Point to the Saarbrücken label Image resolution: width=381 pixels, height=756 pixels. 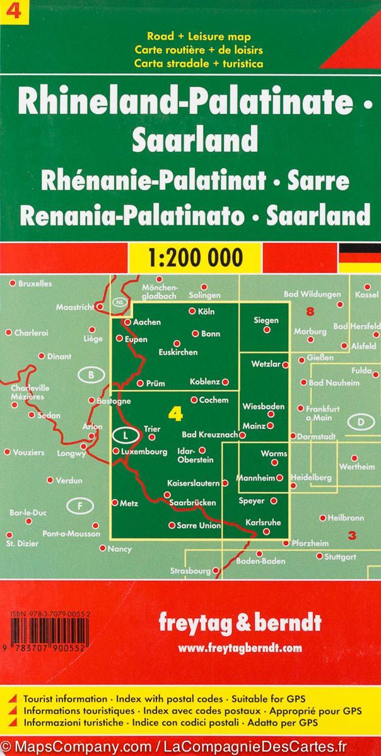192,503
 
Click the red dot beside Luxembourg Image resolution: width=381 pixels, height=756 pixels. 115,451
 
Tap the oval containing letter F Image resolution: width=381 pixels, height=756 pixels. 80,505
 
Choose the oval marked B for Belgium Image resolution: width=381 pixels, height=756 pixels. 92,375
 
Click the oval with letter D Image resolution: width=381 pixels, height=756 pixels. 361,421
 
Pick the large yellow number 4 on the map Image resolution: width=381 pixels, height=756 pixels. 176,414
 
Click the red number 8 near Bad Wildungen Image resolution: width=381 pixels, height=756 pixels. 309,311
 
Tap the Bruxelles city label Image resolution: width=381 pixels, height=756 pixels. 35,283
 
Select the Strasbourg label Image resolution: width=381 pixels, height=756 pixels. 190,571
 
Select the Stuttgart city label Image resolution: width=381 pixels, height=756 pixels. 341,557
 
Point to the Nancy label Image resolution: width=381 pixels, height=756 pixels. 120,549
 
